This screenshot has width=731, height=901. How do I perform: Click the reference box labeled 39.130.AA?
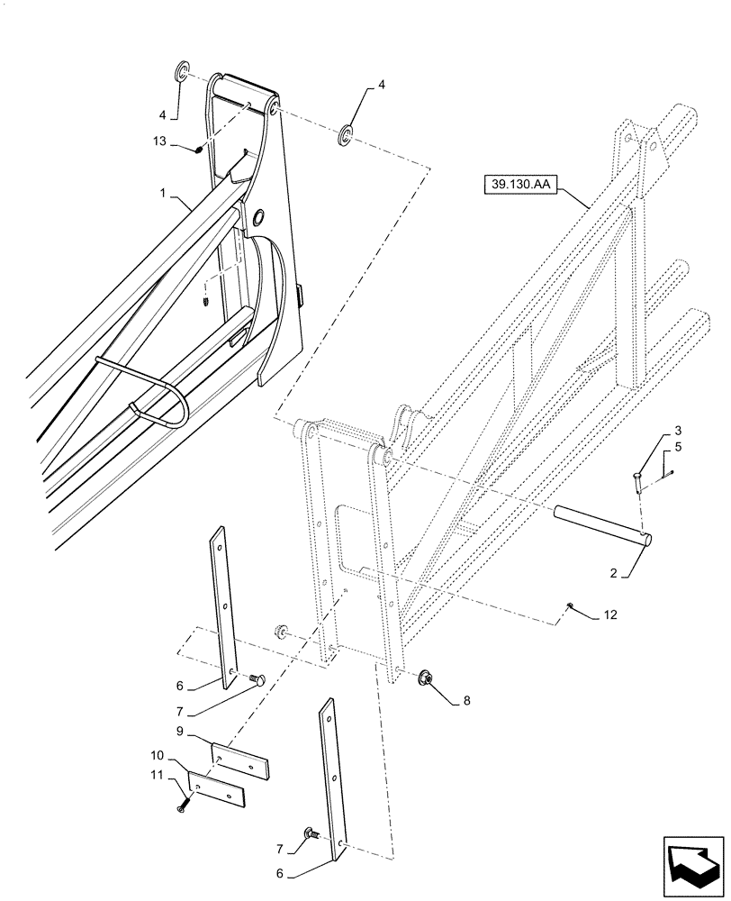pyautogui.click(x=520, y=187)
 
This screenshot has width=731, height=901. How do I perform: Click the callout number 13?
pyautogui.click(x=159, y=141)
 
